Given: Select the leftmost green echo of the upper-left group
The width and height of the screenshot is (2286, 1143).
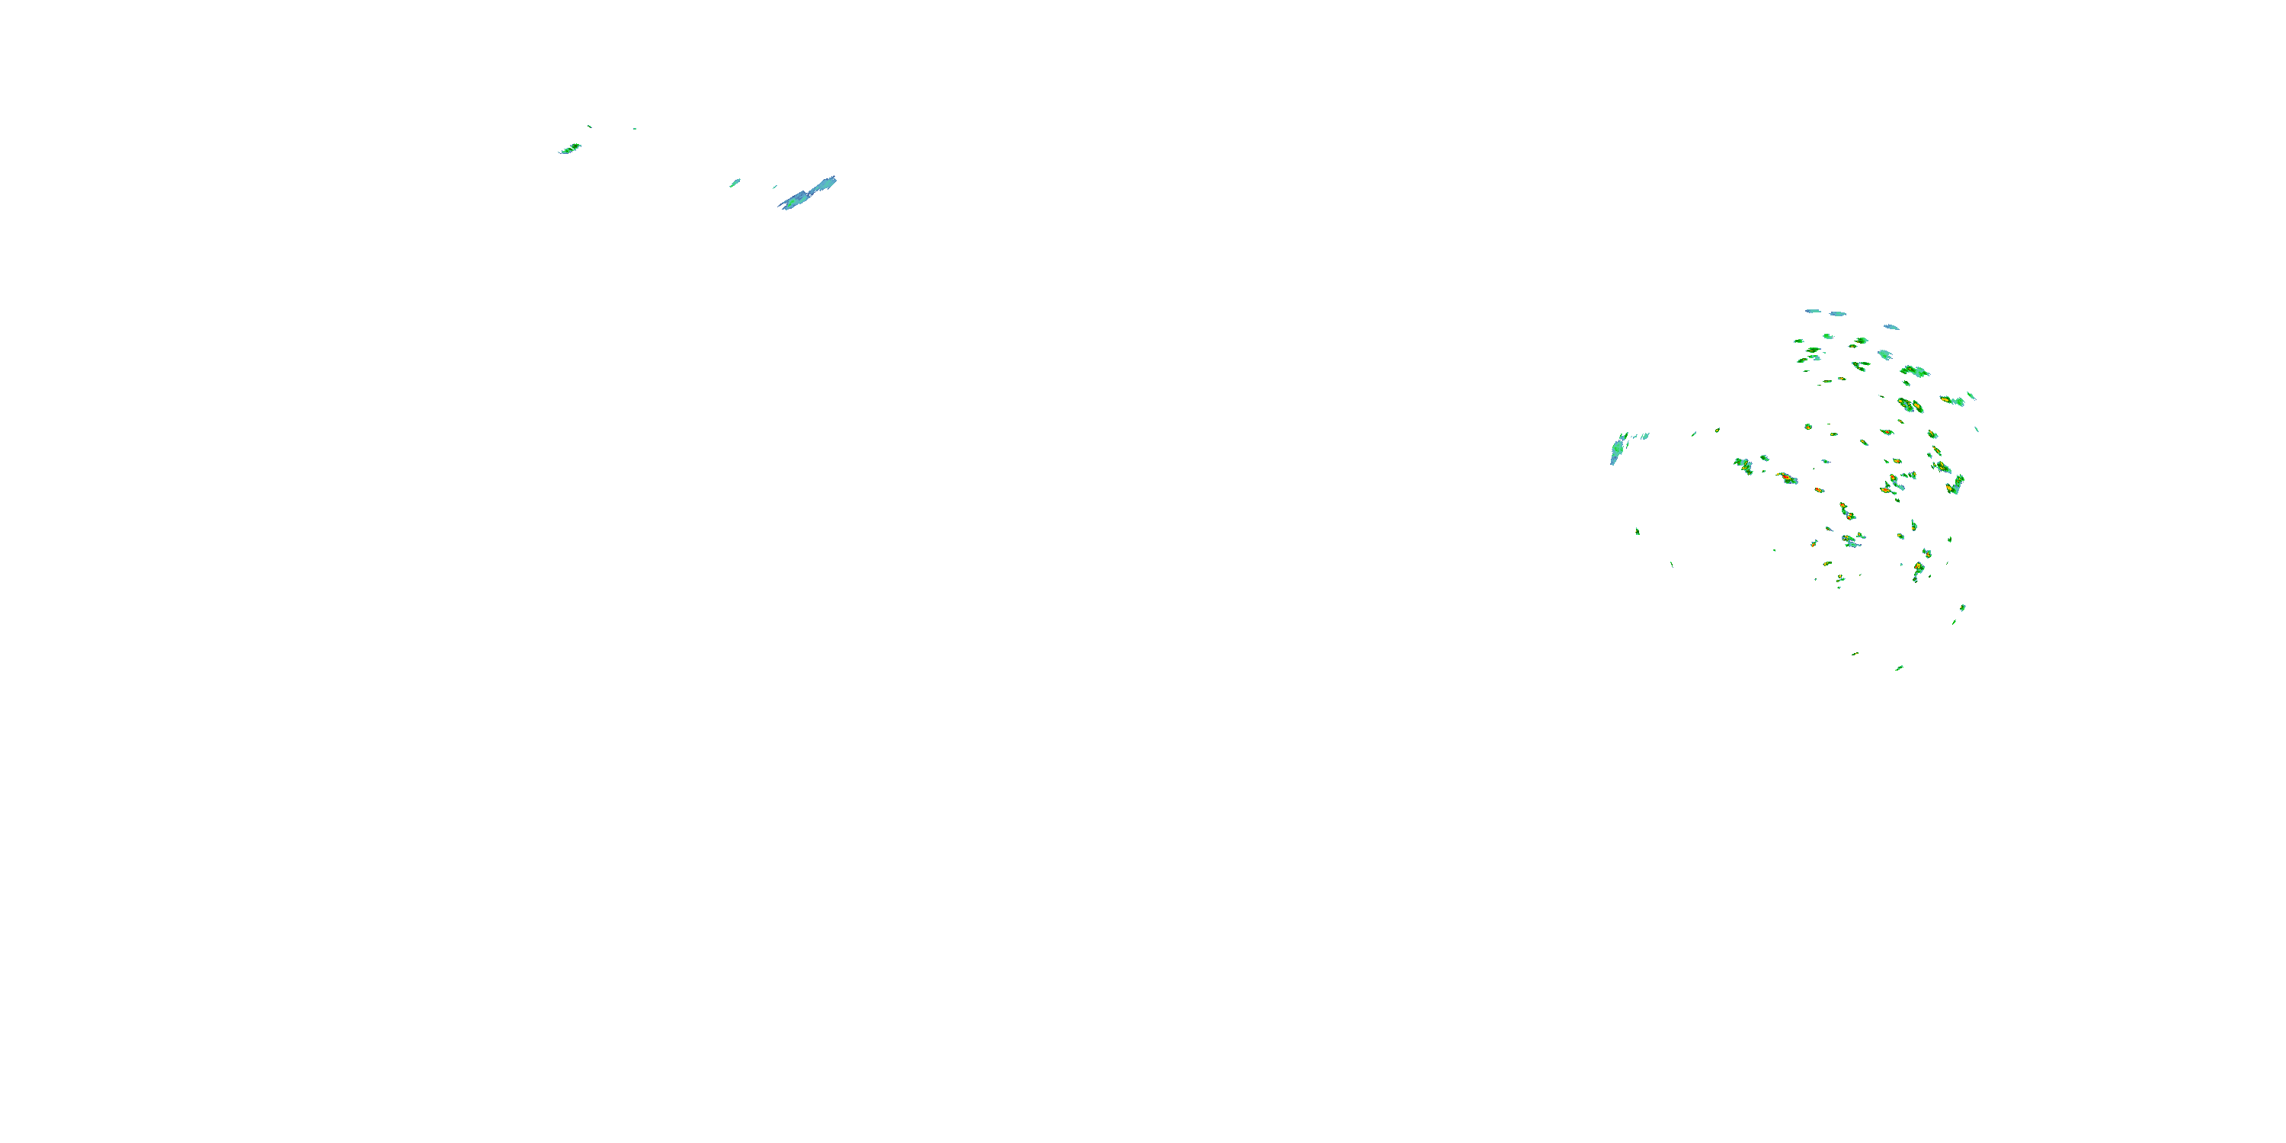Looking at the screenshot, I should point(570,148).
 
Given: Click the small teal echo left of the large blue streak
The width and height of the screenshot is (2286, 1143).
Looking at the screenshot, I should point(735,183).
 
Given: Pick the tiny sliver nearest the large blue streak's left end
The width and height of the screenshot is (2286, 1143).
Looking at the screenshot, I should point(775,187).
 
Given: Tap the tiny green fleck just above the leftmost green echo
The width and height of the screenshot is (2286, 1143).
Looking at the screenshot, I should point(589,126).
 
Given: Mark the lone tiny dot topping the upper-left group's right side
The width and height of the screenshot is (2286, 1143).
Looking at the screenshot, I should point(635,129).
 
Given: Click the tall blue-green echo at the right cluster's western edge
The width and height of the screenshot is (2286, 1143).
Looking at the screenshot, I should point(1617,451).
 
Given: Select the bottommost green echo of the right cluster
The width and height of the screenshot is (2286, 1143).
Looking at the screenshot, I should point(1899,668).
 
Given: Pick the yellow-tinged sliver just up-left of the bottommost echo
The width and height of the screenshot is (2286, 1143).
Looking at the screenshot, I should point(1855,654).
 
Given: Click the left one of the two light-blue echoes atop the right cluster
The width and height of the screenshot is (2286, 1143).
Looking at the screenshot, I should point(1813,312).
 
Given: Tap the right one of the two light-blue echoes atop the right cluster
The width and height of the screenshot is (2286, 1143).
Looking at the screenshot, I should point(1837,314).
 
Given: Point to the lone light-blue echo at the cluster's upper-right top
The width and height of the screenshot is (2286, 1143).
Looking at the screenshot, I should point(1891,327).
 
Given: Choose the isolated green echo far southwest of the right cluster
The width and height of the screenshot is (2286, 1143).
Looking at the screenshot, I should point(1638,530).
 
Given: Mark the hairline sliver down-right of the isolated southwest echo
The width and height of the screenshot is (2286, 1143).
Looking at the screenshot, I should point(1672,564).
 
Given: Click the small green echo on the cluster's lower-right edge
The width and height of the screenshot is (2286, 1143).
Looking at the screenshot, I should point(1962,608).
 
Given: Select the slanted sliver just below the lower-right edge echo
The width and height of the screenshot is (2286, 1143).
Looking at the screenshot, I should point(1954,621).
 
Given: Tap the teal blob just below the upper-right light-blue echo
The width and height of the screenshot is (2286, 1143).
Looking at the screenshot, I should point(1885,355).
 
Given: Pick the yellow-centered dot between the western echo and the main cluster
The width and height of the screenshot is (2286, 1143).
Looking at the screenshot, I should point(1717,431).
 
